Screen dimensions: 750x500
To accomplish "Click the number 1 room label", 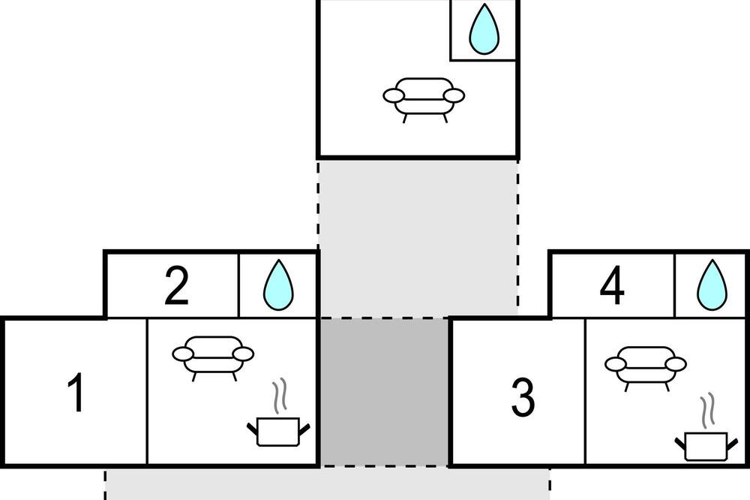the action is click(76, 392).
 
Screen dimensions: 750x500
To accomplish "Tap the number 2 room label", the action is click(176, 286).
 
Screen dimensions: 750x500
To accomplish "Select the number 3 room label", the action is click(523, 398).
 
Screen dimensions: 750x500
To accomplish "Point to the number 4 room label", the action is click(612, 286).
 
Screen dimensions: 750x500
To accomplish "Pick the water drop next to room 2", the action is click(278, 285).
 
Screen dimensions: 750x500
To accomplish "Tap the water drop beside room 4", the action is click(712, 285).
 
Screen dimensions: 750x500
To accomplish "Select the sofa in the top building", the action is click(424, 100).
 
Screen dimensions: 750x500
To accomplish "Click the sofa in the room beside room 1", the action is click(213, 358).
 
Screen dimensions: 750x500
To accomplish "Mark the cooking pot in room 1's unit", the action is click(278, 432).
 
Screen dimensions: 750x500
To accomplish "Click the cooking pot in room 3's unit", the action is click(706, 446).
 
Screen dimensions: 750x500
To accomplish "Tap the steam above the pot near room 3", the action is click(708, 410).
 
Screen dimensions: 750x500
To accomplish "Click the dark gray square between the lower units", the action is click(385, 391).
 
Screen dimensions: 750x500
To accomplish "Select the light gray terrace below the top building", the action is click(418, 237).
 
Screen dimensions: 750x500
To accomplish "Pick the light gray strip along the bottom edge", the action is click(327, 484).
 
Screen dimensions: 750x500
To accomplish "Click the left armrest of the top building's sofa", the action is click(394, 96).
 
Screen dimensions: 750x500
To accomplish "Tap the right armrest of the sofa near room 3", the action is click(676, 364).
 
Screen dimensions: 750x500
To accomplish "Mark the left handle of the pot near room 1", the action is click(253, 428).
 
